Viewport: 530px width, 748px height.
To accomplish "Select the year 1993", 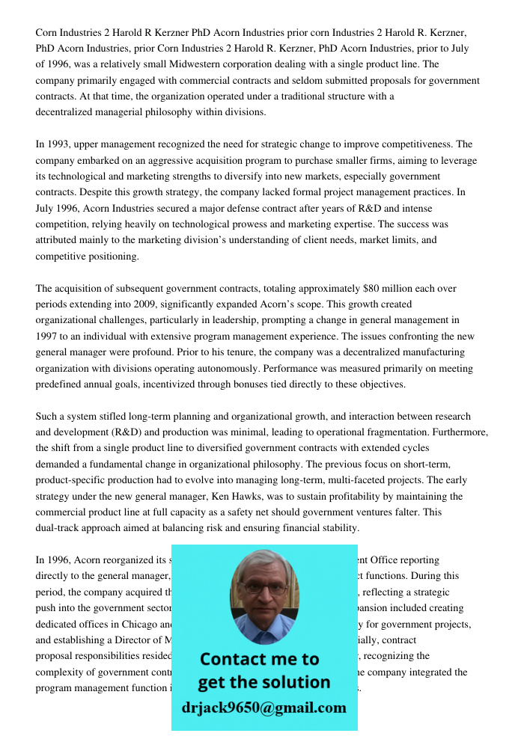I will tap(61, 144).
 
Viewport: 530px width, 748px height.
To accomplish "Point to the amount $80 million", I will tap(387, 289).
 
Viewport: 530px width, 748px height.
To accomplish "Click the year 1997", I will tap(47, 337).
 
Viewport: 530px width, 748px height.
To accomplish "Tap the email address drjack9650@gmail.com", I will tap(264, 708).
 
